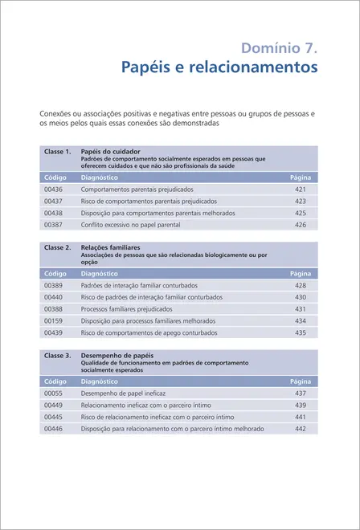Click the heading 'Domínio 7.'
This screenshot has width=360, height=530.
pyautogui.click(x=277, y=48)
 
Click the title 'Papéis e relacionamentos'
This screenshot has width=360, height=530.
pyautogui.click(x=219, y=69)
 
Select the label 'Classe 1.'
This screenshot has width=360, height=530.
pyautogui.click(x=58, y=151)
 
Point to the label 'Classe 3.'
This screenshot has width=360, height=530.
pyautogui.click(x=58, y=354)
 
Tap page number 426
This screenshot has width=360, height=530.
pyautogui.click(x=301, y=225)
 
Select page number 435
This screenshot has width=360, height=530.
pyautogui.click(x=301, y=332)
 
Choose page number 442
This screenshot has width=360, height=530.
pyautogui.click(x=301, y=429)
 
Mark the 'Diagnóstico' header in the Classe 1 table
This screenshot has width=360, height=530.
pyautogui.click(x=100, y=176)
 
